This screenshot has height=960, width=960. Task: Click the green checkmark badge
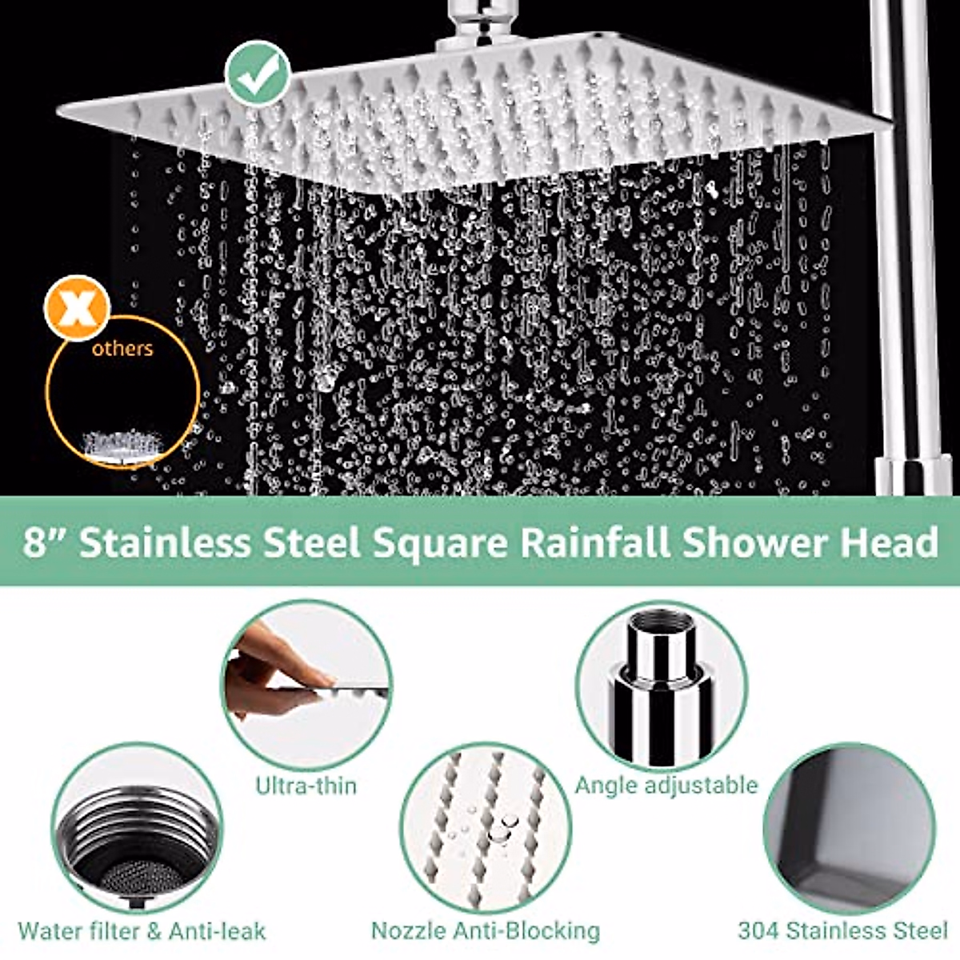pos(257,73)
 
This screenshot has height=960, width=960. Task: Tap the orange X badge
pos(77,308)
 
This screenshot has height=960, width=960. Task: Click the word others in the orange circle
pos(122,349)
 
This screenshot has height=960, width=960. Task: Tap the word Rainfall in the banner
pos(595,542)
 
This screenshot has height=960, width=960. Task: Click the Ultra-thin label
pos(306,785)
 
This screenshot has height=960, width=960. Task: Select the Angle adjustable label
pos(666,785)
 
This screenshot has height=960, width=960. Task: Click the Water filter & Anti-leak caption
pos(142,931)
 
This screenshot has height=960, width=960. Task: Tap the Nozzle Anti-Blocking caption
pos(485,931)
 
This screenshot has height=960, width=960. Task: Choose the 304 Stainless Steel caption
pos(842,931)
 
